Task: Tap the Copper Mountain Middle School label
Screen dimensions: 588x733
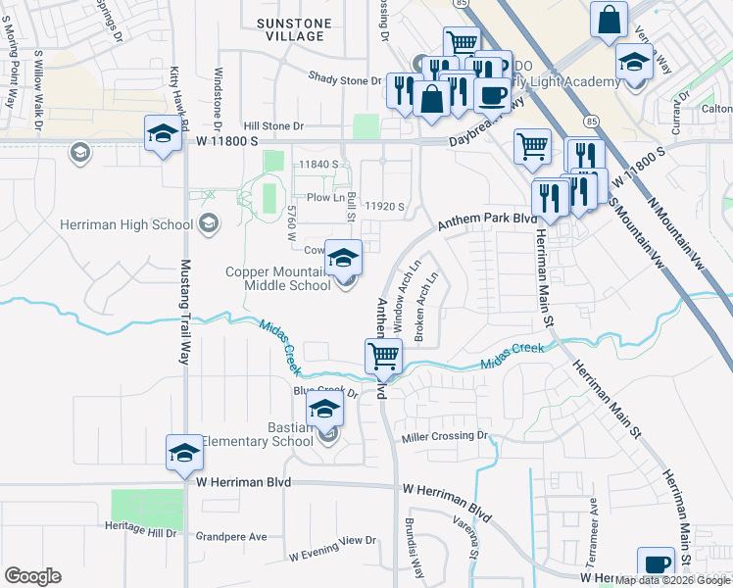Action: tap(277, 278)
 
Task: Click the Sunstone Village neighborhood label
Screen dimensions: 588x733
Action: tap(290, 28)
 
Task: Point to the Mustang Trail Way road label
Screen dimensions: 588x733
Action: tap(183, 312)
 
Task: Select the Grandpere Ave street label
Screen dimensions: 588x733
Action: tap(230, 537)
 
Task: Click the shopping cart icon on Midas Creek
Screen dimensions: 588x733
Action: tap(383, 356)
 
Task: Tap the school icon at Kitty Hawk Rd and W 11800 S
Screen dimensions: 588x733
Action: tap(164, 132)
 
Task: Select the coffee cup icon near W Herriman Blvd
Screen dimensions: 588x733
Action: tap(656, 564)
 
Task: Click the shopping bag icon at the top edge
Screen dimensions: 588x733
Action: tap(610, 19)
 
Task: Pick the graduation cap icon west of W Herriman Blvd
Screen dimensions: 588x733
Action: tap(183, 453)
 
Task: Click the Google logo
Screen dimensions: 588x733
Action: tap(32, 576)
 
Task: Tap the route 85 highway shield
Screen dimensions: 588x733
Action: tap(590, 121)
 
